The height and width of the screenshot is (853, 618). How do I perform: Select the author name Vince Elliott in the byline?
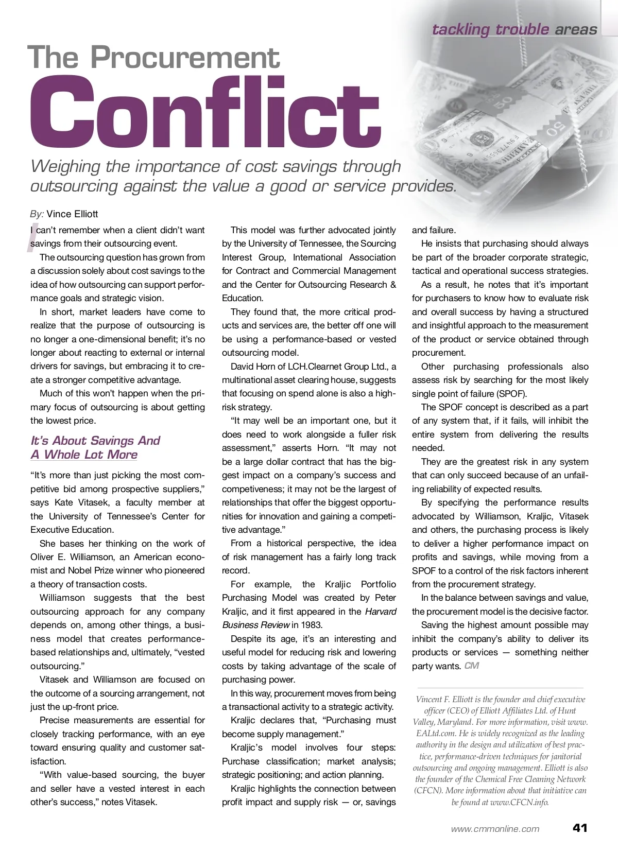(x=72, y=214)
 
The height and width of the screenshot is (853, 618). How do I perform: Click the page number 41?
(x=579, y=828)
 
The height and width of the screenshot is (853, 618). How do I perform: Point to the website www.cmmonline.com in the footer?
(x=495, y=829)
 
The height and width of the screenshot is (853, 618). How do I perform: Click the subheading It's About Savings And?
(x=95, y=441)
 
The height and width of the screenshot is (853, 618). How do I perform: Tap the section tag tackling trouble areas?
(x=514, y=29)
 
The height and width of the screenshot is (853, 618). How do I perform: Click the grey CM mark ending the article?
(x=471, y=666)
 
